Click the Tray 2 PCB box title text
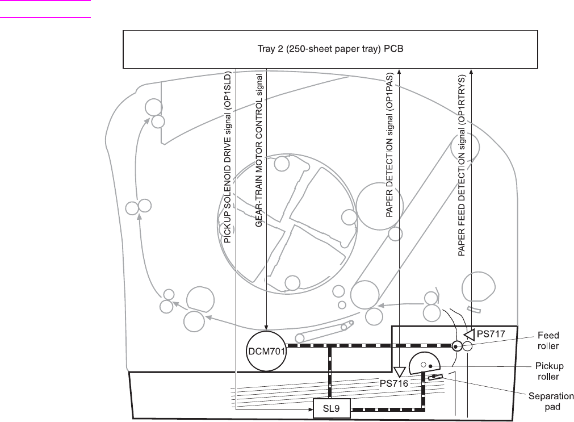click(330, 49)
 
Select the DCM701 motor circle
click(266, 352)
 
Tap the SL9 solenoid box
click(332, 408)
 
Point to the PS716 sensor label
click(394, 383)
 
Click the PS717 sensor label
click(491, 334)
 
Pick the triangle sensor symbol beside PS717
click(470, 335)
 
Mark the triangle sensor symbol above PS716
click(399, 372)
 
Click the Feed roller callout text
click(548, 341)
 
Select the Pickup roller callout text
click(549, 371)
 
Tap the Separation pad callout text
click(551, 402)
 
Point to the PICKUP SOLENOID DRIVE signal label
click(227, 157)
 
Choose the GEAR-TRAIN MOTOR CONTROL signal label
click(259, 151)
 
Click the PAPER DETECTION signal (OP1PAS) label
click(389, 145)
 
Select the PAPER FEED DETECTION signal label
click(462, 166)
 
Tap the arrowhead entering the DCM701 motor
click(266, 327)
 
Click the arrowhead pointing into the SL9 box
click(311, 410)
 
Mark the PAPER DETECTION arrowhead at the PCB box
click(399, 72)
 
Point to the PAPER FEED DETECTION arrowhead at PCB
click(471, 72)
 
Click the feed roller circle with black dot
click(456, 346)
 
